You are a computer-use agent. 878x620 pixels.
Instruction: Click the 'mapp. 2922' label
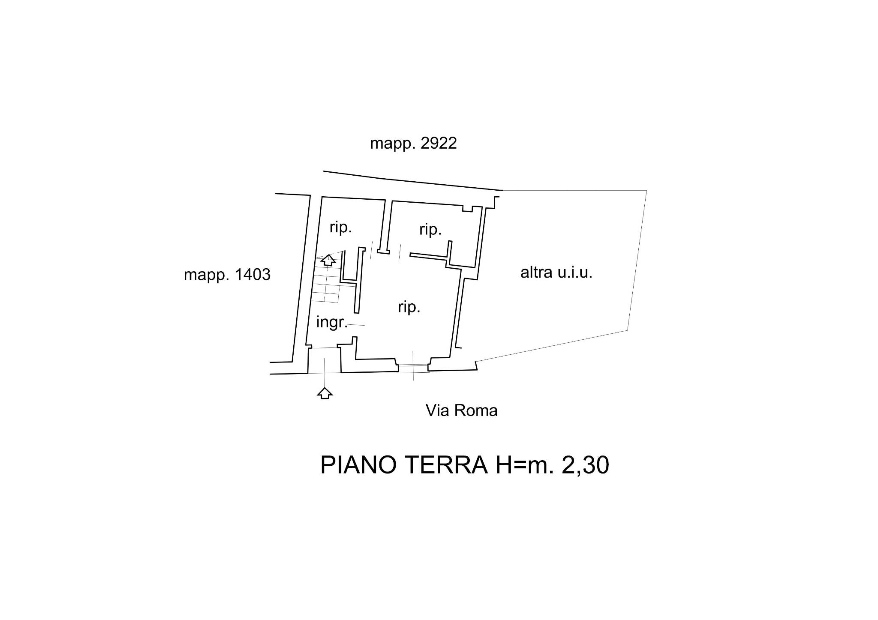pos(413,144)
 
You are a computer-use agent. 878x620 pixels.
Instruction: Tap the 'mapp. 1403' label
pos(227,275)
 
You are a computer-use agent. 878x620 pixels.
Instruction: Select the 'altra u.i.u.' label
pos(556,273)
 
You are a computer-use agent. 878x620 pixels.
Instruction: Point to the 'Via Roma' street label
pos(461,410)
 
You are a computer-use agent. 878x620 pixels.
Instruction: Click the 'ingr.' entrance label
pos(331,322)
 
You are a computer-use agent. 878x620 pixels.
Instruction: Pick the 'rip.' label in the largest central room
pos(409,307)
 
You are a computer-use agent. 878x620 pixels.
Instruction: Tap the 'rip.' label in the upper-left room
pos(340,227)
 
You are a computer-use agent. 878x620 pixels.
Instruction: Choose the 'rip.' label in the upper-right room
pos(430,229)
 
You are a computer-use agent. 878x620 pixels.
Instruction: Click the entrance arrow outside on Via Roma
pos(325,392)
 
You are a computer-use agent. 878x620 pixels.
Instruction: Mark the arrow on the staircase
pos(328,260)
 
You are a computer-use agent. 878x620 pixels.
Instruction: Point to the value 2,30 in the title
pos(585,465)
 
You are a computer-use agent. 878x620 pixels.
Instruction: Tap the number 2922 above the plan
pos(439,143)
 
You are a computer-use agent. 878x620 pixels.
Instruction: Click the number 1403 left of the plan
pos(252,274)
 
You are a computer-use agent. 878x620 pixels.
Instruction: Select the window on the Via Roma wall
pos(413,368)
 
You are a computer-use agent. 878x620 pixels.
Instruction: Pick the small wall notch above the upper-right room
pos(467,209)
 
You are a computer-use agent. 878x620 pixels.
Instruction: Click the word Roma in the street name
pos(476,410)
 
